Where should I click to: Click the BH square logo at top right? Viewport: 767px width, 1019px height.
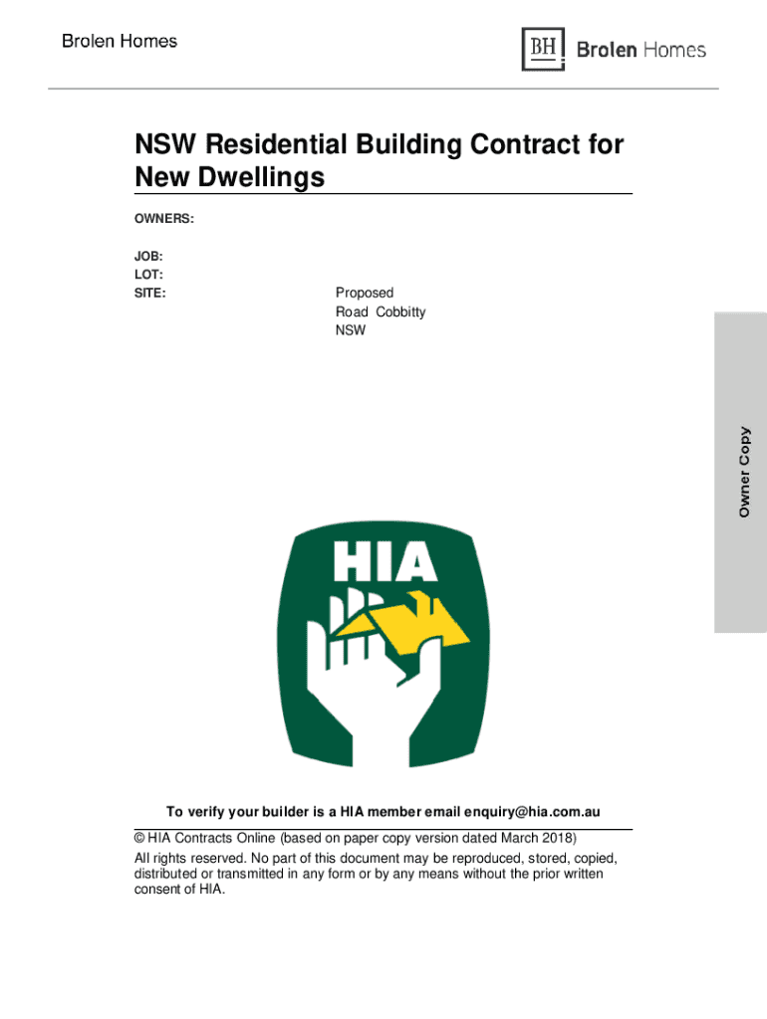(543, 49)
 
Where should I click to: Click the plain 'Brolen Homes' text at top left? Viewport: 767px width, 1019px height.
(120, 42)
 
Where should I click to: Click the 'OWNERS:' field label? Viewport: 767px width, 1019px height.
(164, 217)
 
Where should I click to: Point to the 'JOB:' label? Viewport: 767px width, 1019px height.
(149, 256)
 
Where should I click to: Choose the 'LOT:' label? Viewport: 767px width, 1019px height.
(149, 274)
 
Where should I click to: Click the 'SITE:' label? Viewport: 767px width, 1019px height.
(150, 293)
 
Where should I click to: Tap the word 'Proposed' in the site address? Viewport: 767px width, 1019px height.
(365, 293)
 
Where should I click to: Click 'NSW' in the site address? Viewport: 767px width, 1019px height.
(351, 330)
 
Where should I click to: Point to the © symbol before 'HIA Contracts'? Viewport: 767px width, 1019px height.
(139, 838)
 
